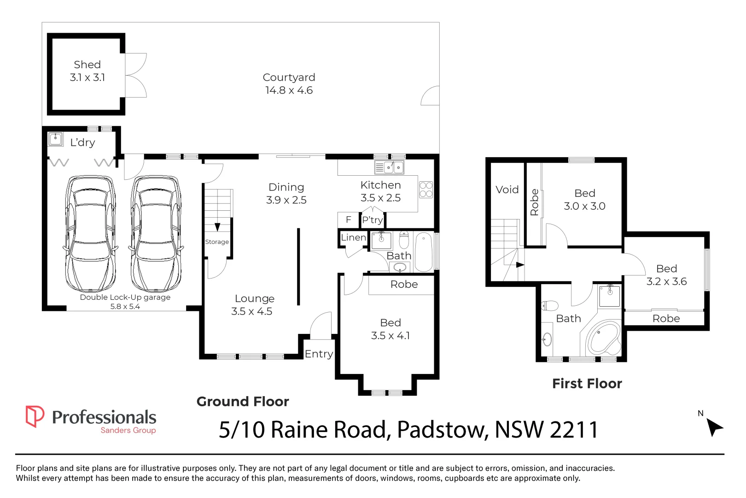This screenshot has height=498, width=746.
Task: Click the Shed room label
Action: tap(87, 65)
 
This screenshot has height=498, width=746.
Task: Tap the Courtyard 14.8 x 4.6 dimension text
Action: tap(289, 90)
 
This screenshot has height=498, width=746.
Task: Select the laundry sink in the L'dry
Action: tap(56, 139)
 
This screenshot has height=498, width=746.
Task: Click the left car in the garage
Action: tap(91, 234)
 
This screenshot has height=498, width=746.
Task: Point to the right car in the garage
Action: tap(156, 234)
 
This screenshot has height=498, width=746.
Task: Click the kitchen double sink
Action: tap(389, 167)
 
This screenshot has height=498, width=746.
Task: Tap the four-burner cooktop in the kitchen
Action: tap(426, 190)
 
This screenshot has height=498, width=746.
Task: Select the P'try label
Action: tap(373, 220)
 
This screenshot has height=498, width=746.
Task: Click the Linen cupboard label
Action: tap(353, 237)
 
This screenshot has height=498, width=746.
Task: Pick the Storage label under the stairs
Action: tap(217, 242)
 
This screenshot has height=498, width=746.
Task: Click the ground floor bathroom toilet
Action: tap(404, 239)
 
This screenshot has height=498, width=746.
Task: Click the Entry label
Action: tap(319, 354)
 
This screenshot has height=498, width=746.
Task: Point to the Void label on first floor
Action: tap(507, 190)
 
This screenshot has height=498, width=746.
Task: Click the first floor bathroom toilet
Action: tap(549, 306)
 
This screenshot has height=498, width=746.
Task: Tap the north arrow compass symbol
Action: tap(714, 427)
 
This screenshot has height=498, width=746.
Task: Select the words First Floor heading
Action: tap(587, 384)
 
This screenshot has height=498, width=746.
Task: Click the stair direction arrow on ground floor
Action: tap(217, 227)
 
